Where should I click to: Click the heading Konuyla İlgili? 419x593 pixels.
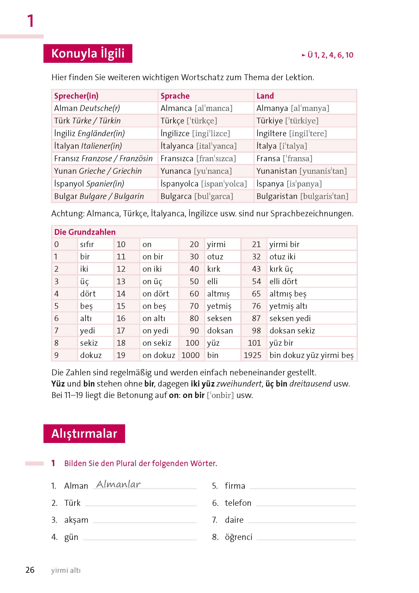[88, 53]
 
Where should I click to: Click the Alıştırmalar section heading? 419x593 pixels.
[84, 433]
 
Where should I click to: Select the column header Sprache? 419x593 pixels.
[175, 96]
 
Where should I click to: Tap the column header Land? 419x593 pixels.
[265, 96]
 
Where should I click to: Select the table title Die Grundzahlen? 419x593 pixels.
[85, 232]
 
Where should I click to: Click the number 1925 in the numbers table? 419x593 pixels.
[252, 355]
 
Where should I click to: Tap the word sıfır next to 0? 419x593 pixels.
[87, 244]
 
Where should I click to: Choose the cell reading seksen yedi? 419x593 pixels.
[290, 318]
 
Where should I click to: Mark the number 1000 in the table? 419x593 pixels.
[190, 355]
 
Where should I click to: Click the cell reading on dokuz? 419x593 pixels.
[158, 355]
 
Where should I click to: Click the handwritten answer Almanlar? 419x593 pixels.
[119, 484]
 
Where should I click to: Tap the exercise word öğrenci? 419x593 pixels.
[238, 537]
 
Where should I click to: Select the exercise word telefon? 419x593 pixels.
[238, 503]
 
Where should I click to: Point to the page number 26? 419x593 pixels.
[30, 570]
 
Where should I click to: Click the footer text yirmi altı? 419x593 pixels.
[66, 570]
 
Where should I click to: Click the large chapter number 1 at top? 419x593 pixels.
[31, 21]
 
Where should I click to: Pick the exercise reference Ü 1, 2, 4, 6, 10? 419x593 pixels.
[330, 55]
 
